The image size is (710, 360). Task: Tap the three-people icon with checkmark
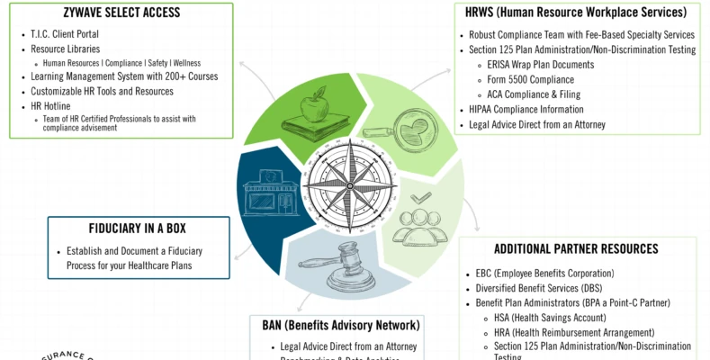click(420, 220)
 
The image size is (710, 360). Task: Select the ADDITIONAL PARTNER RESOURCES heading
click(576, 248)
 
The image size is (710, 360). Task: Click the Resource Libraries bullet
click(65, 49)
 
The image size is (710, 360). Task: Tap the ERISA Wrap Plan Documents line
click(540, 65)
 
